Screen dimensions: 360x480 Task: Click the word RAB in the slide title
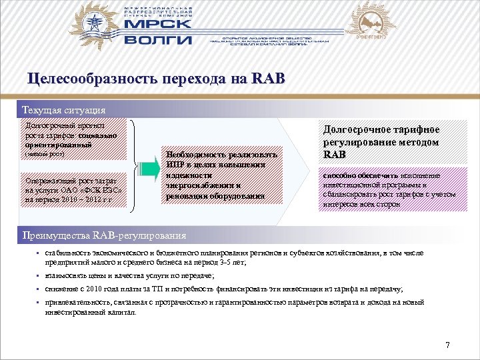[269, 79]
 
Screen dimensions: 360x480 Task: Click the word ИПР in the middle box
[175, 165]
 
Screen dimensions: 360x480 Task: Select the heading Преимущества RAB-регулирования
[104, 235]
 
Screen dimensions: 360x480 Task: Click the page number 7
[447, 345]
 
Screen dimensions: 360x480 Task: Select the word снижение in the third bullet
[61, 289]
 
